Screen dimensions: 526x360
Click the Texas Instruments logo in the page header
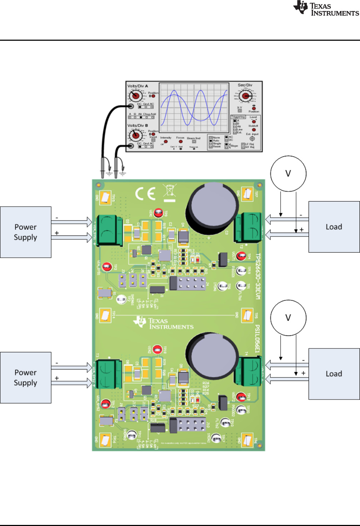pyautogui.click(x=326, y=8)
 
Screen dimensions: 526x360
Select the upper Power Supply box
pyautogui.click(x=26, y=232)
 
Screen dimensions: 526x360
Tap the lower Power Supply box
pyautogui.click(x=26, y=377)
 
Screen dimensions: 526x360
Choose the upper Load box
pyautogui.click(x=334, y=227)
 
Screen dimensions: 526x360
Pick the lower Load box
pyautogui.click(x=334, y=374)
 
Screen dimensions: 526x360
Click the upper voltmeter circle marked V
pyautogui.click(x=288, y=174)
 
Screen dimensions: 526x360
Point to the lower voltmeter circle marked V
pyautogui.click(x=288, y=318)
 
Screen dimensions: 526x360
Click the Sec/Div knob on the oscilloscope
pyautogui.click(x=245, y=96)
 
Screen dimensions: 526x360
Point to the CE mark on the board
pyautogui.click(x=145, y=194)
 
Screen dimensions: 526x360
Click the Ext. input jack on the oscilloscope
pyautogui.click(x=252, y=139)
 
